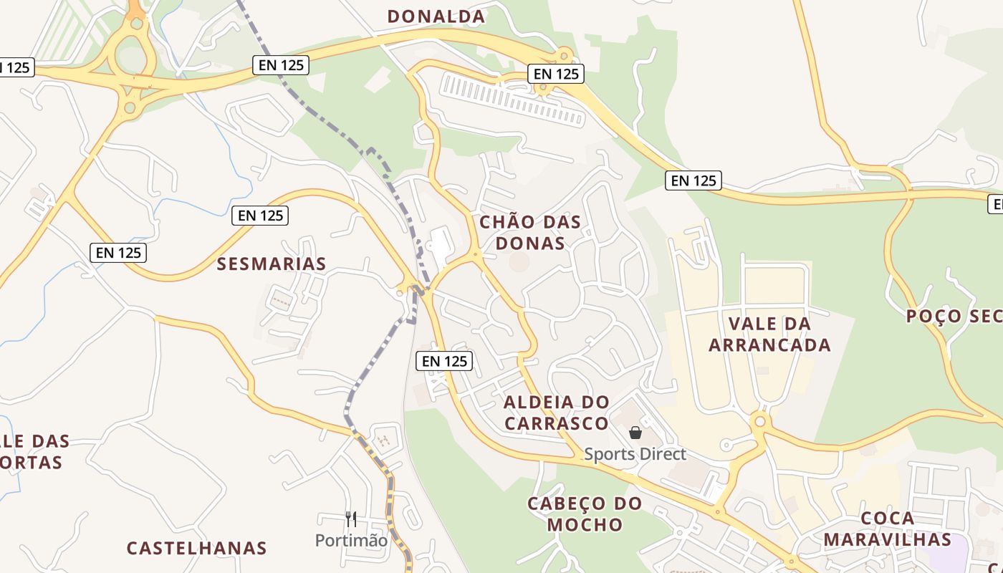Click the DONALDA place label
pos(436,16)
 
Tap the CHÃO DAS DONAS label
pos(530,232)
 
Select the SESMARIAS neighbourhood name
pos(272,264)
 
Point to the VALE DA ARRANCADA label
pos(769,334)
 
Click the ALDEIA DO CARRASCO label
pos(556,413)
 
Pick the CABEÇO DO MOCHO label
pos(585,514)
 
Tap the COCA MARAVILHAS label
pos(887,529)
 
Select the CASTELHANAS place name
pos(196,549)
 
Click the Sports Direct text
pos(635,454)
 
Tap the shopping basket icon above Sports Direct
pos(635,433)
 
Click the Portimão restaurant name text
pos(351,540)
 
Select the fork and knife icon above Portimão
pos(351,519)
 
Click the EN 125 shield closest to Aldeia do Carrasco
pos(444,361)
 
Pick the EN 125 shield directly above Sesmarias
pos(260,215)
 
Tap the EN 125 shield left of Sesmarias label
pos(119,252)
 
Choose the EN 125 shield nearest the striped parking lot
pos(556,73)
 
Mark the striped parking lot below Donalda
pos(513,99)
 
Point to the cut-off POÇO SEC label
pos(954,316)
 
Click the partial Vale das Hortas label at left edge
pos(32,451)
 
